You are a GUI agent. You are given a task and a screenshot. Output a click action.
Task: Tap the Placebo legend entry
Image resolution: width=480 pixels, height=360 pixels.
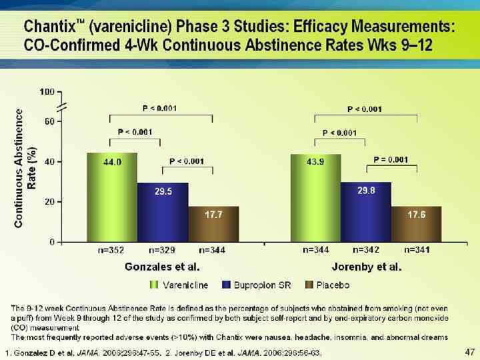point(327,285)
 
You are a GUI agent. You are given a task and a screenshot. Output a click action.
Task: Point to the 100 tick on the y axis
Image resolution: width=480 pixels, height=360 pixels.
point(47,91)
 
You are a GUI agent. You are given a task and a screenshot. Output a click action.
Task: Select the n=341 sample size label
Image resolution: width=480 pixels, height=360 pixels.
point(417,250)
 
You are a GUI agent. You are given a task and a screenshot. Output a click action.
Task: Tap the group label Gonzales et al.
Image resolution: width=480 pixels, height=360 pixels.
point(163,267)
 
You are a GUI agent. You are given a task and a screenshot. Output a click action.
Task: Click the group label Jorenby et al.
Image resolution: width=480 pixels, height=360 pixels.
point(366,267)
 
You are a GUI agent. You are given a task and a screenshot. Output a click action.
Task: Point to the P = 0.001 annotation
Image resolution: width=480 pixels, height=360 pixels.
point(391,159)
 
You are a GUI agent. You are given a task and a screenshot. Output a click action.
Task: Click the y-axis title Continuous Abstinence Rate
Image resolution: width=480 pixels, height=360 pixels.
point(23,167)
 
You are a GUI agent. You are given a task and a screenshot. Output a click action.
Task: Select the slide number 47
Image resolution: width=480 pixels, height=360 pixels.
point(469,351)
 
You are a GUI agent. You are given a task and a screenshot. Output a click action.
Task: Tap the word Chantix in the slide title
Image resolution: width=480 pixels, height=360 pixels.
point(49,28)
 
